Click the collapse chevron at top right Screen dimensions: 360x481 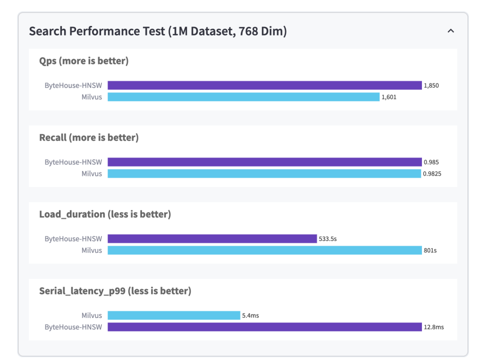(450, 31)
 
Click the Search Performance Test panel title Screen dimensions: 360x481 (157, 31)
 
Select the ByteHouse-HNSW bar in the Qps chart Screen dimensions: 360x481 (264, 85)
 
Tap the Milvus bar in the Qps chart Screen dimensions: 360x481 (243, 97)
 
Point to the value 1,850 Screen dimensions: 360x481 (431, 85)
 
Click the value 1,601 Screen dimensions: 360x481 (388, 97)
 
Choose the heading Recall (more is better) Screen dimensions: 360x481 (88, 137)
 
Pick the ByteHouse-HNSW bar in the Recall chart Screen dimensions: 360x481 (264, 162)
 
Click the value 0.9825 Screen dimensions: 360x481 (432, 173)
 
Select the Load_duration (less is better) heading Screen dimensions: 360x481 (105, 214)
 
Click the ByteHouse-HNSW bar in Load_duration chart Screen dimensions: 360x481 (212, 239)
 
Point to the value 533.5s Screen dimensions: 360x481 (327, 239)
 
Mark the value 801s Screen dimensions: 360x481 (430, 250)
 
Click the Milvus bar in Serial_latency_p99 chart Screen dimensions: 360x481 (174, 315)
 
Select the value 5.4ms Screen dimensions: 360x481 (250, 315)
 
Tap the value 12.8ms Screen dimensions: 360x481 (433, 327)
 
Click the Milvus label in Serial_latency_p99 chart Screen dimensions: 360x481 (92, 315)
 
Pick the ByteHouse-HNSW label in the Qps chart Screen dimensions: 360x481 (73, 85)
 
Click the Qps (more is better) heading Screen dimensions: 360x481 (83, 61)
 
